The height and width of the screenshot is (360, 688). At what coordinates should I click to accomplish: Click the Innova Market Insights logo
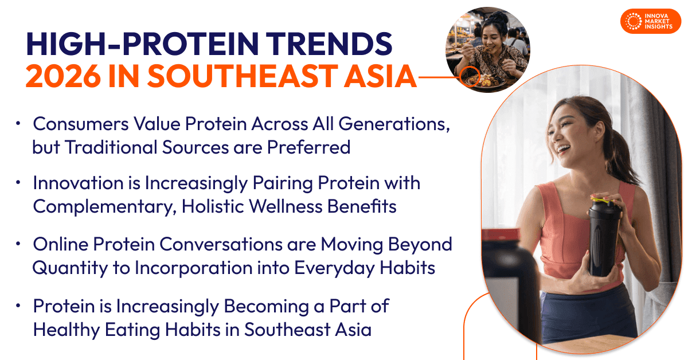pyautogui.click(x=651, y=21)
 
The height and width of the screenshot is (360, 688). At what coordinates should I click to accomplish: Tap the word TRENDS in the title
pyautogui.click(x=329, y=44)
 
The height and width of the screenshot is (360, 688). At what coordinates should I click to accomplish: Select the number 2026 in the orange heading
pyautogui.click(x=63, y=76)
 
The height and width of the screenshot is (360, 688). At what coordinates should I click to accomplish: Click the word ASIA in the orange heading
pyautogui.click(x=380, y=76)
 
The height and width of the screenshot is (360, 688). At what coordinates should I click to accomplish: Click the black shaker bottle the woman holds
pyautogui.click(x=604, y=237)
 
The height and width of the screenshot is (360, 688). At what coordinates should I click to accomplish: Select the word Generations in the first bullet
pyautogui.click(x=394, y=124)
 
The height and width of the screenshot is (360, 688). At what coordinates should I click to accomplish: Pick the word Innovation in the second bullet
pyautogui.click(x=79, y=183)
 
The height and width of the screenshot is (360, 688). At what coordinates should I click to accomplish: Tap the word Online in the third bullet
pyautogui.click(x=61, y=245)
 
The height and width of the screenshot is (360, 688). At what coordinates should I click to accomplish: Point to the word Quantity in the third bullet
pyautogui.click(x=71, y=268)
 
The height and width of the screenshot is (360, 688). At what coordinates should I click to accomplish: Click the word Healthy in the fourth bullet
pyautogui.click(x=67, y=330)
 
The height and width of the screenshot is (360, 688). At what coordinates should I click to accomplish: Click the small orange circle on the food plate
pyautogui.click(x=470, y=76)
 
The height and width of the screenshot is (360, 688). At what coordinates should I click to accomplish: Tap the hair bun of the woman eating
pyautogui.click(x=500, y=18)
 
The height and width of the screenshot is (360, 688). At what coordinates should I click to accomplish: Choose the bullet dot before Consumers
pyautogui.click(x=18, y=123)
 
